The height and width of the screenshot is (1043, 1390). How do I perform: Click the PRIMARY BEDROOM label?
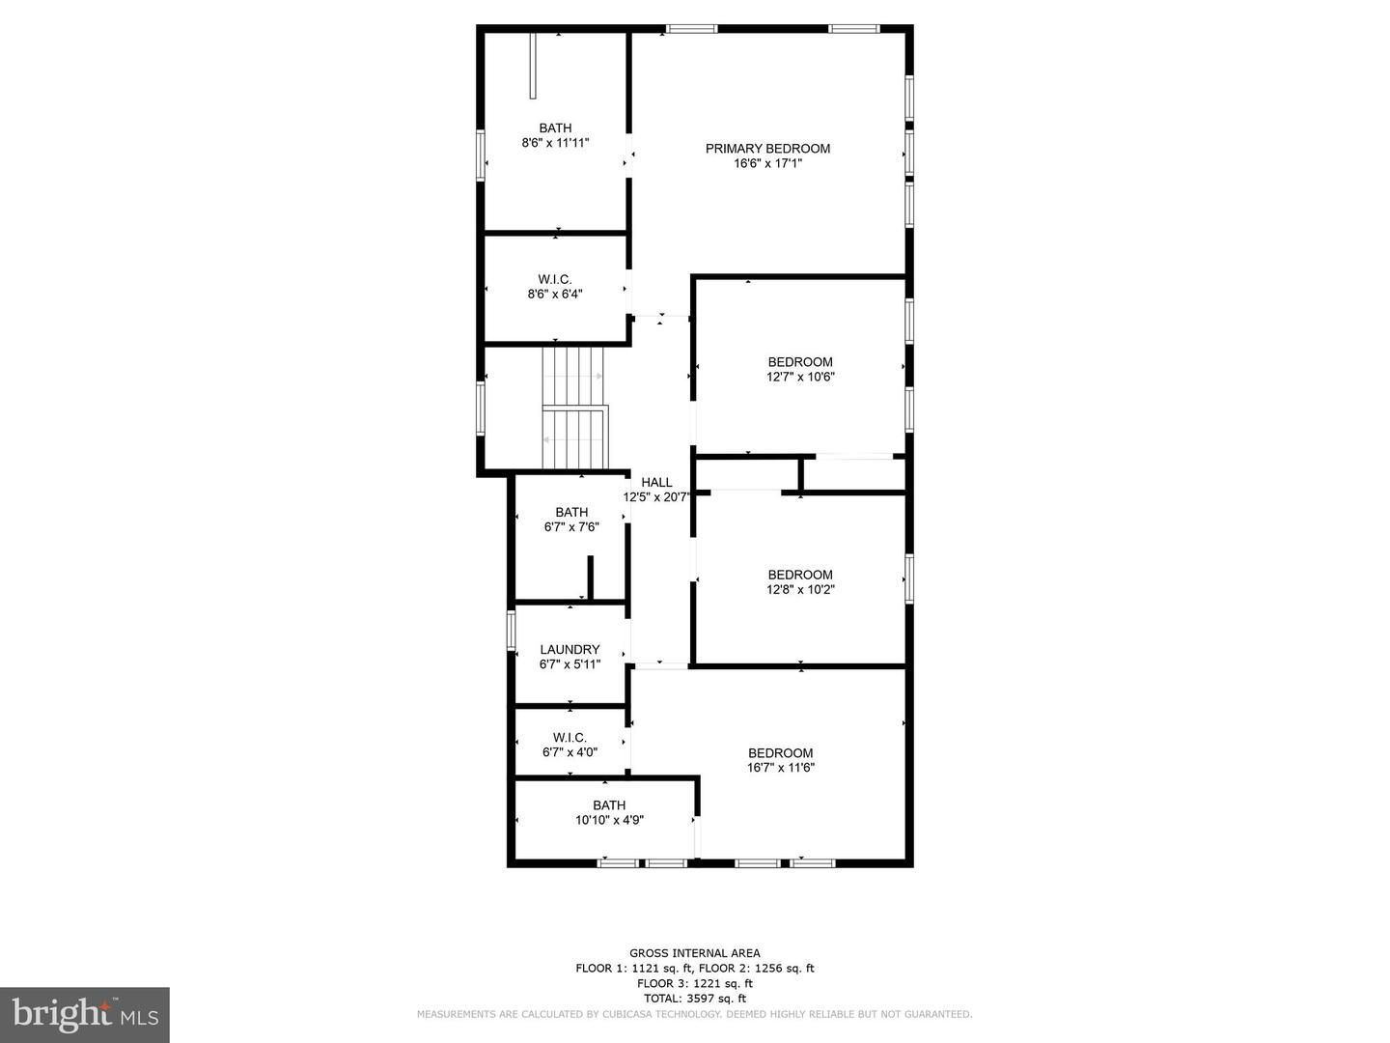pos(767,149)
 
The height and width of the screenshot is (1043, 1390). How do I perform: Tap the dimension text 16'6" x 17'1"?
pos(767,163)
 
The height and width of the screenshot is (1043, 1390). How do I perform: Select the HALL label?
pos(656,483)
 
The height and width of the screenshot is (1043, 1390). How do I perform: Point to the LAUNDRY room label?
pos(570,650)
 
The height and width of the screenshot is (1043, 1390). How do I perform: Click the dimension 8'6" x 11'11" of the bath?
pos(555,143)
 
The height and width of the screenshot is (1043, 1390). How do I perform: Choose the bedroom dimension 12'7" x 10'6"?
pos(800,377)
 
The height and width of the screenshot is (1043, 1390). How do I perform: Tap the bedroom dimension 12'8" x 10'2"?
pos(800,589)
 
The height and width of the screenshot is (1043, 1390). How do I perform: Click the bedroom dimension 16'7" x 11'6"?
pos(780,768)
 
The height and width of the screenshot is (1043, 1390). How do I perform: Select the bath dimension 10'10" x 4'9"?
pos(609,820)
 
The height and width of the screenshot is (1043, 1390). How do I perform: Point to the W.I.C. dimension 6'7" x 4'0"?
pos(570,752)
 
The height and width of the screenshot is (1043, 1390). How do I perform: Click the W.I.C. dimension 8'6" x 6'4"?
pos(555,294)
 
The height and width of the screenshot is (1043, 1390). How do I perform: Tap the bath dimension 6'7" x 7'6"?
pos(571,527)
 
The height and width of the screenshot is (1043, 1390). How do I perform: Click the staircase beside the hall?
pos(574,408)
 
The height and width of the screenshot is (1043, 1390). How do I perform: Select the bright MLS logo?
pos(85,1014)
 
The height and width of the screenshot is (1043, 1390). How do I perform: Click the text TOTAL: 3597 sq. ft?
pos(695,999)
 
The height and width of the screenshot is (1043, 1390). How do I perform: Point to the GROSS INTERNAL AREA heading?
pos(695,953)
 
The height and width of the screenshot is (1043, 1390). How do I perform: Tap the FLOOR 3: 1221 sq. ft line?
pos(695,983)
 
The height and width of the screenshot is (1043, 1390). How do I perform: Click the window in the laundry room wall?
pos(512,630)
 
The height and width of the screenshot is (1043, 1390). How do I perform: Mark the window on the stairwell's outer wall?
pos(481,408)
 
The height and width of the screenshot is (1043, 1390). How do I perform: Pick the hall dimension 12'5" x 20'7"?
pos(656,497)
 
